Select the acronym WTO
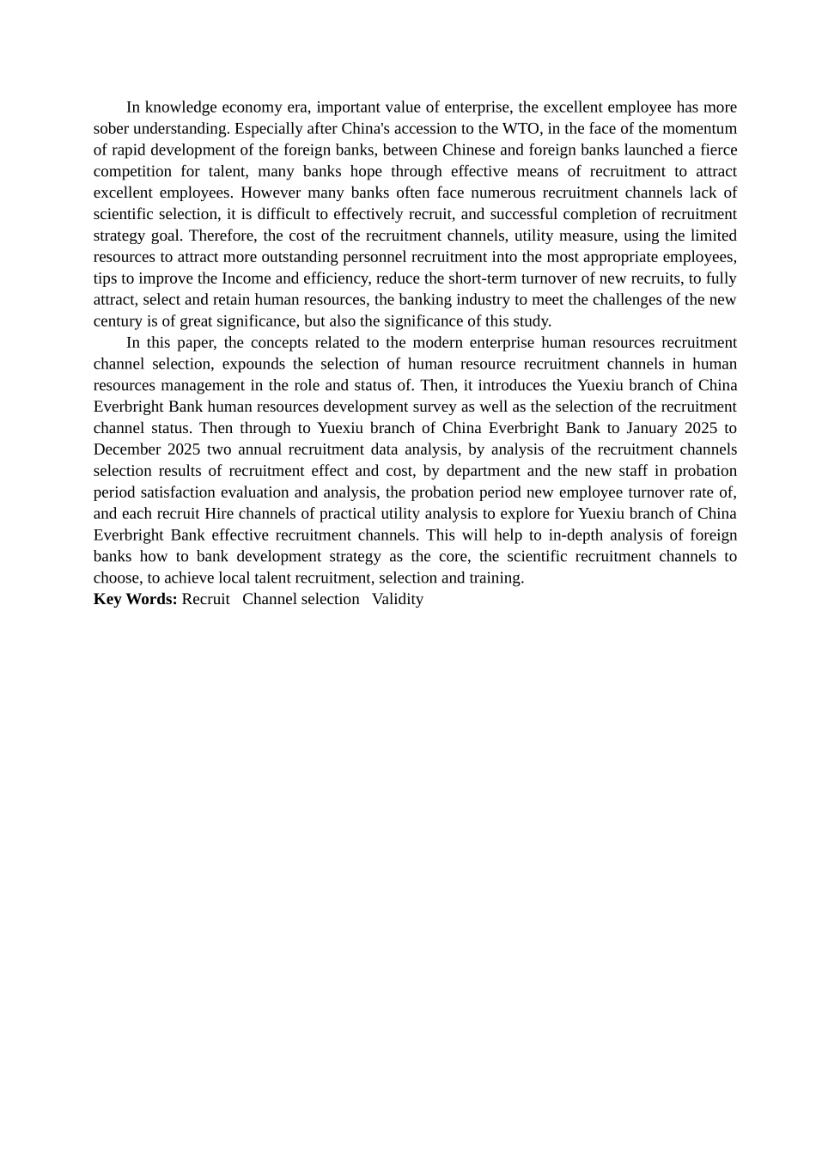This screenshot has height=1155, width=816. (x=519, y=129)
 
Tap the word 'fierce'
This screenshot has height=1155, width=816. (x=717, y=150)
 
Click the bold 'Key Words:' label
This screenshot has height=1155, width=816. (x=136, y=599)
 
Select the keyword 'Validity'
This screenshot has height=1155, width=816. (x=398, y=599)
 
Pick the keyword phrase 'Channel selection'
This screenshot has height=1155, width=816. (x=301, y=599)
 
